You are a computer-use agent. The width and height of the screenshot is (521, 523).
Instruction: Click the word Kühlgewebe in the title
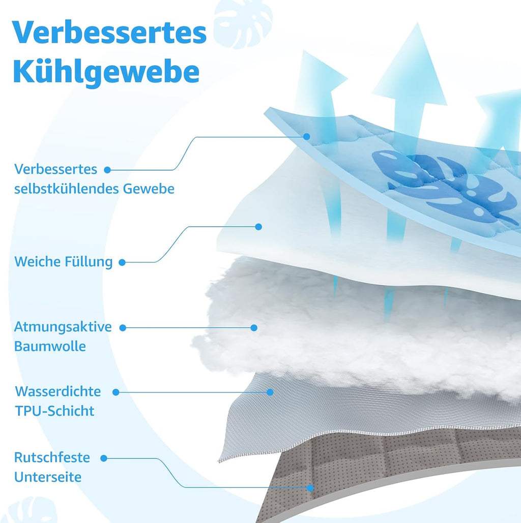coord(106,72)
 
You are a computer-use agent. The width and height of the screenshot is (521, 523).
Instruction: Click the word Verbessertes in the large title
coord(109,33)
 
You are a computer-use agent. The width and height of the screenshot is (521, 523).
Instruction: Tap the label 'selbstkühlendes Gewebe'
coord(94,189)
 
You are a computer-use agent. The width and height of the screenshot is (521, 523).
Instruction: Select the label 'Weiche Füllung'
coord(64,262)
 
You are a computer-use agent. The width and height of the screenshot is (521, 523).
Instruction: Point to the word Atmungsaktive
coord(63,327)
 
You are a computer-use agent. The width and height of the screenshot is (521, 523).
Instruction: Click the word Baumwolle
coord(50,346)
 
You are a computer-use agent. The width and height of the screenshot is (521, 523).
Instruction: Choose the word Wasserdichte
coord(58,391)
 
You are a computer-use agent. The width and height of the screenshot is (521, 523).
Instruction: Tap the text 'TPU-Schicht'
coord(55,411)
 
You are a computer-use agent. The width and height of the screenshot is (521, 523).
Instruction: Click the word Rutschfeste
coord(52,457)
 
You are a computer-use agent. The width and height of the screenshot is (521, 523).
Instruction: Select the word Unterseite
coord(48,477)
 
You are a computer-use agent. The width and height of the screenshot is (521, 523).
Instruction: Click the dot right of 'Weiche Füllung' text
coord(122,262)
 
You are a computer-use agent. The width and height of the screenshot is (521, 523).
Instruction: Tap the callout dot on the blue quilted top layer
coord(307,136)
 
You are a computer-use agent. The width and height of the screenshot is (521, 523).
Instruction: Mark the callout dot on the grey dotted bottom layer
coord(310,488)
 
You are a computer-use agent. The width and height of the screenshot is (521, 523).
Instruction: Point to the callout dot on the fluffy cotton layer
coord(254,328)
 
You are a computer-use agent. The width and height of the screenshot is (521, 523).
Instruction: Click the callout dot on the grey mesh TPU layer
coord(270,392)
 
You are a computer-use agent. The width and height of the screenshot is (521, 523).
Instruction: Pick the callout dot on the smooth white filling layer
coord(258,227)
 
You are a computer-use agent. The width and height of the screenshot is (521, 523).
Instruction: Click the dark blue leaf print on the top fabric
coord(444,187)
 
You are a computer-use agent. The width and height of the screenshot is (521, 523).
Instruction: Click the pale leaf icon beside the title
coord(243,23)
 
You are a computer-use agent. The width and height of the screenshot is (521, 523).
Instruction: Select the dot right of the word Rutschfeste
coord(104,458)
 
